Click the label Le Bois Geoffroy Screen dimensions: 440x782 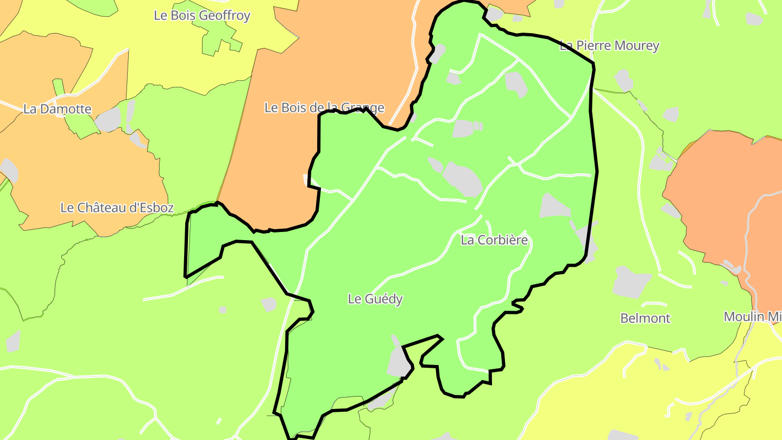click(x=202, y=15)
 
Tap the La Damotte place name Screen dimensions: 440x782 click(x=57, y=109)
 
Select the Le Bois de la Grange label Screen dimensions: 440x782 click(x=324, y=108)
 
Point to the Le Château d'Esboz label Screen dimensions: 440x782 click(x=117, y=208)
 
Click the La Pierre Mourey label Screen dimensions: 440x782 click(x=609, y=46)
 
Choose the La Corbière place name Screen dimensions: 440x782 click(x=494, y=240)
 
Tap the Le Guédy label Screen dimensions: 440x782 click(x=375, y=299)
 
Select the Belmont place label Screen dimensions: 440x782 click(x=645, y=318)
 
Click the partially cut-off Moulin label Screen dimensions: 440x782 click(x=752, y=317)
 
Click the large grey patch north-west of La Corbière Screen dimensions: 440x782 click(x=463, y=179)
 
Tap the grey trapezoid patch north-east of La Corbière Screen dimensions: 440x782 click(x=553, y=206)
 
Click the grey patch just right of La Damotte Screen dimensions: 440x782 click(x=109, y=120)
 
